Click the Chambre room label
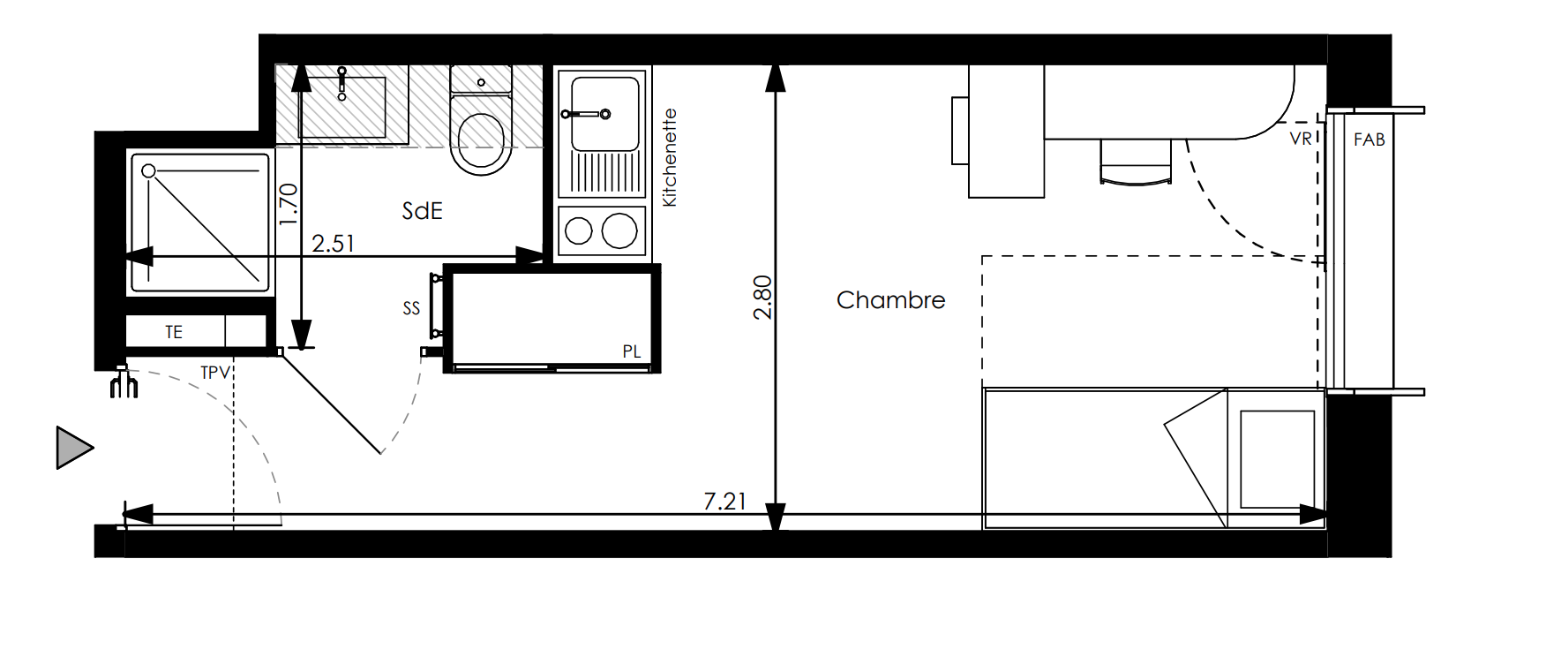coord(890,300)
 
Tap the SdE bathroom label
coord(422,211)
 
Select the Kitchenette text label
coord(670,157)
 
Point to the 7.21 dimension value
coord(724,501)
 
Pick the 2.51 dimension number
coord(333,243)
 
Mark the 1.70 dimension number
coord(289,204)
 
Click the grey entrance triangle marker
coord(74,447)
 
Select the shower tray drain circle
coord(148,170)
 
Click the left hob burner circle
coord(578,231)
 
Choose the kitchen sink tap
coord(587,113)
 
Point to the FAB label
coord(1369,140)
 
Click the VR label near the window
coord(1300,139)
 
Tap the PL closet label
coord(631,351)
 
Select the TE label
coord(174,332)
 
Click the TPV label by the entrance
coord(215,373)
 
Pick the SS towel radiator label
coord(411,308)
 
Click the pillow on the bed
coord(1275,459)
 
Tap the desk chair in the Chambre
coord(1137,162)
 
